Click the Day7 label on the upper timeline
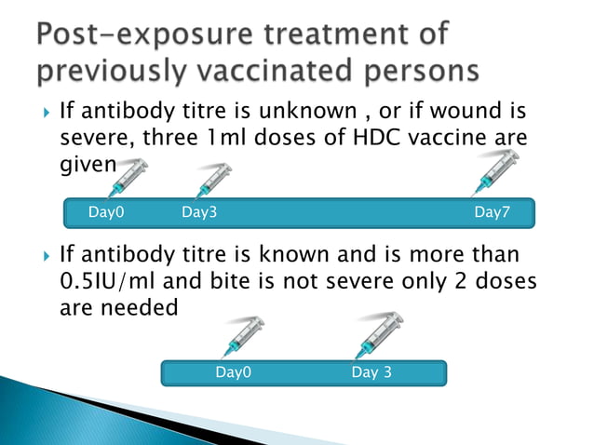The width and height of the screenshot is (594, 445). tap(492, 212)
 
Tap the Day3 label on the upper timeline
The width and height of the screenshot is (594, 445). tap(199, 212)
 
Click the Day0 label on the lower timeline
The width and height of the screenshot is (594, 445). tap(234, 373)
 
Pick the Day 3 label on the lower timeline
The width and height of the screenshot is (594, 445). tap(371, 373)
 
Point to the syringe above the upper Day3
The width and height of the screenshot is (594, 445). tap(214, 179)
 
